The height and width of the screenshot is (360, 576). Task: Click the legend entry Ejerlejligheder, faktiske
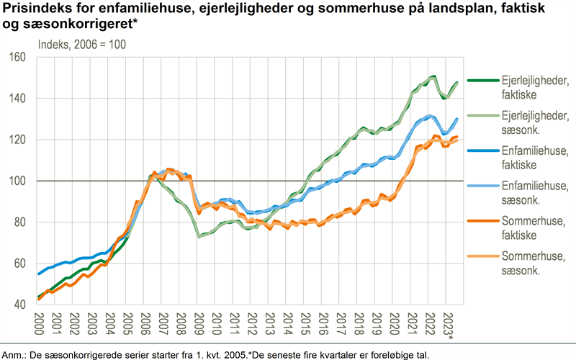(x=518, y=88)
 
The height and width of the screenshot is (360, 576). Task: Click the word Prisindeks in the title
(x=36, y=10)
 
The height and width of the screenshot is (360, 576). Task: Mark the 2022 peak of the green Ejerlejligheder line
(x=433, y=76)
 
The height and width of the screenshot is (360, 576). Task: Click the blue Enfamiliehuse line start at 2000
(x=39, y=274)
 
